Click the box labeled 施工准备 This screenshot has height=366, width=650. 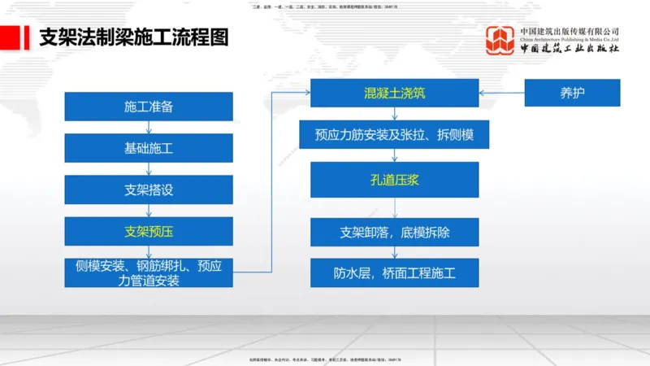[x=149, y=107]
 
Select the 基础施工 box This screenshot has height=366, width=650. [x=149, y=148]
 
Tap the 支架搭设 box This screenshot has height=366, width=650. [x=149, y=190]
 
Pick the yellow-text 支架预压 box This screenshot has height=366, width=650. [x=149, y=231]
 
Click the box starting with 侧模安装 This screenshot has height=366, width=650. [x=149, y=272]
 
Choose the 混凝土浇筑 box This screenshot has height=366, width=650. [x=395, y=93]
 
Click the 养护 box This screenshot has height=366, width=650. [x=572, y=93]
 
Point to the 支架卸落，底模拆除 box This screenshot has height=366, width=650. [x=395, y=232]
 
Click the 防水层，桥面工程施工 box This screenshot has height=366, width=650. [x=395, y=272]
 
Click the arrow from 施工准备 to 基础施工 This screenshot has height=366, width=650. [x=149, y=128]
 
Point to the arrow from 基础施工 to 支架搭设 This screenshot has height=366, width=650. [x=149, y=168]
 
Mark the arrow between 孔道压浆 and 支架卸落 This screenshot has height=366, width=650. [x=395, y=207]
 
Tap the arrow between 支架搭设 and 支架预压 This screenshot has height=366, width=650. [x=149, y=210]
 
